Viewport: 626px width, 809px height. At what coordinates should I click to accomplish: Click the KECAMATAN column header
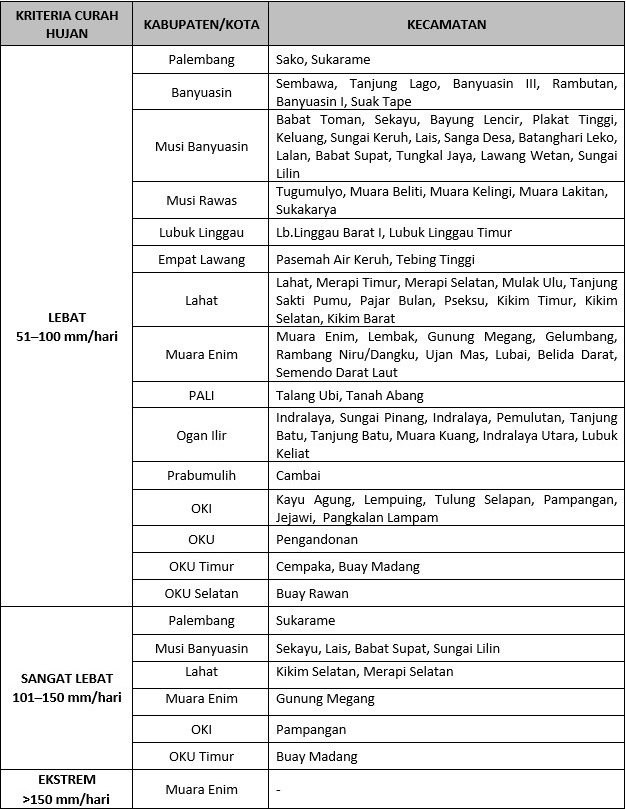pyautogui.click(x=446, y=24)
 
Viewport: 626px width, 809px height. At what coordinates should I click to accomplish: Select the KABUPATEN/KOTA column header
pyautogui.click(x=201, y=24)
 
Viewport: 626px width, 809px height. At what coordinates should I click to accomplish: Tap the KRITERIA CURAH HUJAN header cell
pyautogui.click(x=67, y=24)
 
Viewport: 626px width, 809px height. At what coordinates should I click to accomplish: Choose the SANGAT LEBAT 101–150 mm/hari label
pyautogui.click(x=67, y=688)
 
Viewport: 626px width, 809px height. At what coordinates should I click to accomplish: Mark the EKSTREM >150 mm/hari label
pyautogui.click(x=67, y=788)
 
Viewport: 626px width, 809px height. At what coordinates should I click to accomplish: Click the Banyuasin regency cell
pyautogui.click(x=201, y=93)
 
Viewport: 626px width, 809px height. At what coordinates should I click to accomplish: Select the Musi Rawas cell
pyautogui.click(x=201, y=200)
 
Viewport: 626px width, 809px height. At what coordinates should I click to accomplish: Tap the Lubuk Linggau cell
pyautogui.click(x=201, y=232)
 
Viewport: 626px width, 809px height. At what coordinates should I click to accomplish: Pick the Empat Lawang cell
pyautogui.click(x=201, y=260)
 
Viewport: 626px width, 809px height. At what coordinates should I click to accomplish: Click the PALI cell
pyautogui.click(x=201, y=395)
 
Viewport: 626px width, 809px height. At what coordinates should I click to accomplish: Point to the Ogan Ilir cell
pyautogui.click(x=201, y=435)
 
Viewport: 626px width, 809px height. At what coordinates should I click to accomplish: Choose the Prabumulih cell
pyautogui.click(x=201, y=476)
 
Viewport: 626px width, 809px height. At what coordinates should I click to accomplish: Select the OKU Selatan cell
pyautogui.click(x=201, y=593)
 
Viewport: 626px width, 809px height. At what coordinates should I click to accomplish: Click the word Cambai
pyautogui.click(x=298, y=476)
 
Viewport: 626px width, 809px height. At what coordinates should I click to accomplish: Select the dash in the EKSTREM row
pyautogui.click(x=279, y=790)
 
